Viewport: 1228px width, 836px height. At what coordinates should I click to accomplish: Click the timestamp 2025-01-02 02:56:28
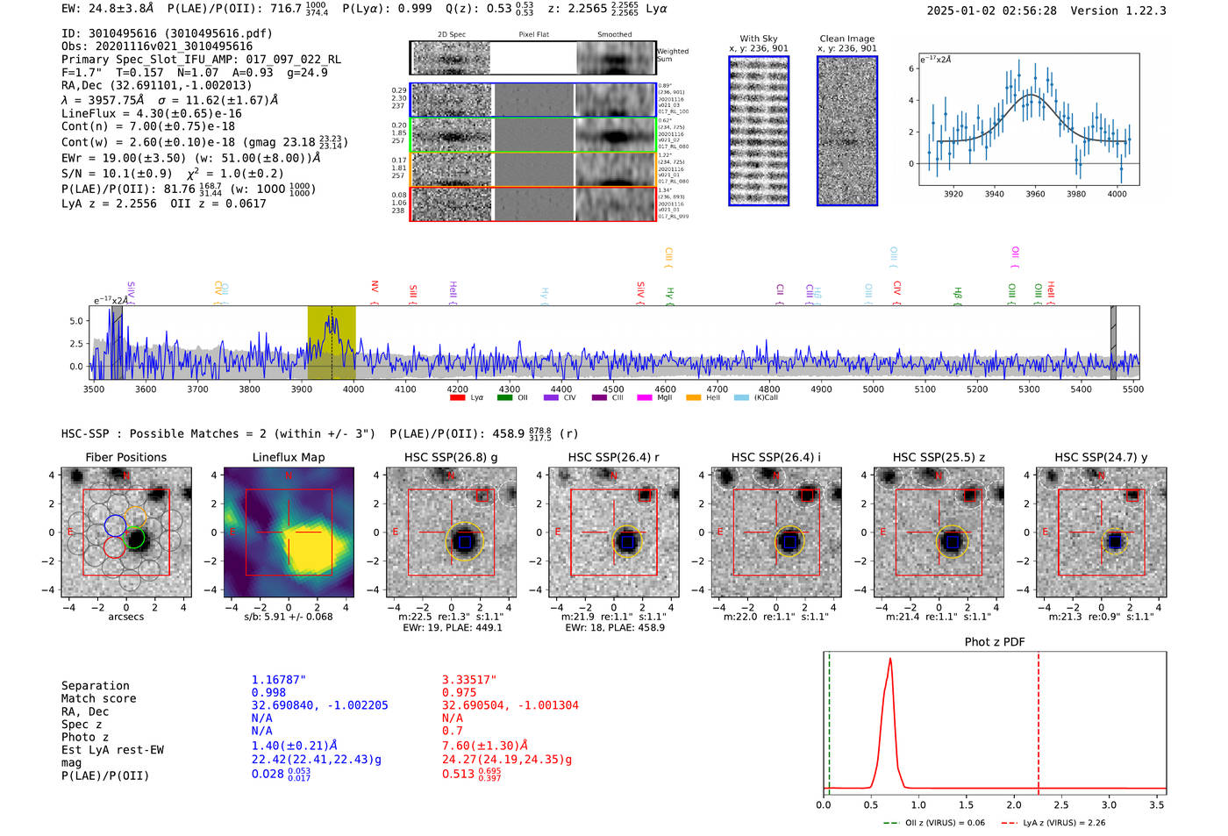991,11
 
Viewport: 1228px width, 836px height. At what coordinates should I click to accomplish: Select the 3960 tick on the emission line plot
1035,194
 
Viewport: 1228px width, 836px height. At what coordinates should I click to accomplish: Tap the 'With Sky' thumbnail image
759,132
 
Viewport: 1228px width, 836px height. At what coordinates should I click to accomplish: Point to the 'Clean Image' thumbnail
847,132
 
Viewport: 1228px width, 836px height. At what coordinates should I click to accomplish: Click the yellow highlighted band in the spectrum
332,342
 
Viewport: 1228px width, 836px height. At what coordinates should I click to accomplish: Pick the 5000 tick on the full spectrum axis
873,389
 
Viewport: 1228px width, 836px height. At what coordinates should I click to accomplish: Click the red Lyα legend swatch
457,398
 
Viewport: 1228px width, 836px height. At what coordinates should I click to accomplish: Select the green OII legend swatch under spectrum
504,398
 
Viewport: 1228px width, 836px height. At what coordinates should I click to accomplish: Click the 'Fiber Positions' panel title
125,457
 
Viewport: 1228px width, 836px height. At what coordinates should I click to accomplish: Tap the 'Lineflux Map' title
289,457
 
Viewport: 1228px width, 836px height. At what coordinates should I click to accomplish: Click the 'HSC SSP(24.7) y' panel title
1101,457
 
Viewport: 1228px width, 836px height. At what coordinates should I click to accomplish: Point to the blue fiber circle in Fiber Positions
115,525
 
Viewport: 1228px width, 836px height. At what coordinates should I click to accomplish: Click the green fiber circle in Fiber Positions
135,538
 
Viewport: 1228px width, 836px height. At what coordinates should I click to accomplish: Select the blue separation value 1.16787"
279,680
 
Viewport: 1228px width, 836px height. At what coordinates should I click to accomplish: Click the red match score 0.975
460,692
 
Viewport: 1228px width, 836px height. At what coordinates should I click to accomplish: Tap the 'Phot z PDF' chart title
995,642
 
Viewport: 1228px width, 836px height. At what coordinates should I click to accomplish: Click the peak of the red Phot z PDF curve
890,660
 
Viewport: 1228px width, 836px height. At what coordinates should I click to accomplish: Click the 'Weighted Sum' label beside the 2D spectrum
673,55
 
